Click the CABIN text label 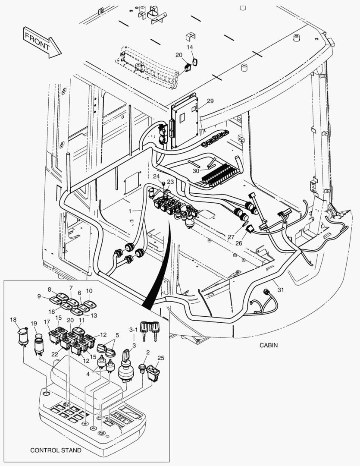[269, 345]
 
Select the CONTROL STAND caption [55, 450]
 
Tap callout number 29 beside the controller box [210, 101]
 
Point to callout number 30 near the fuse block [196, 170]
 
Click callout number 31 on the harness [281, 290]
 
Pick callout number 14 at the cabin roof [190, 47]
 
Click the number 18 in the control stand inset [13, 319]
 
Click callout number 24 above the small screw [156, 176]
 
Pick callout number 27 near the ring [231, 237]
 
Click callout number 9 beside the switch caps [40, 296]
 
